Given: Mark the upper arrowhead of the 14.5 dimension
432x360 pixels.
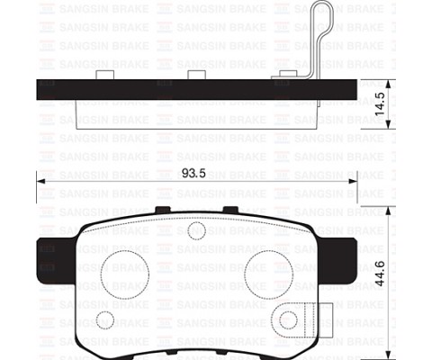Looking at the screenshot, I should coord(387,82).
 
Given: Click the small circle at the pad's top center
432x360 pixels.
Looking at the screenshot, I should coord(196,230).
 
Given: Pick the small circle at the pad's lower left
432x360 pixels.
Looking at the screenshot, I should coord(104,319).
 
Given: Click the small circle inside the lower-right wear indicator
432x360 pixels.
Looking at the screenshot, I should coord(289,319).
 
